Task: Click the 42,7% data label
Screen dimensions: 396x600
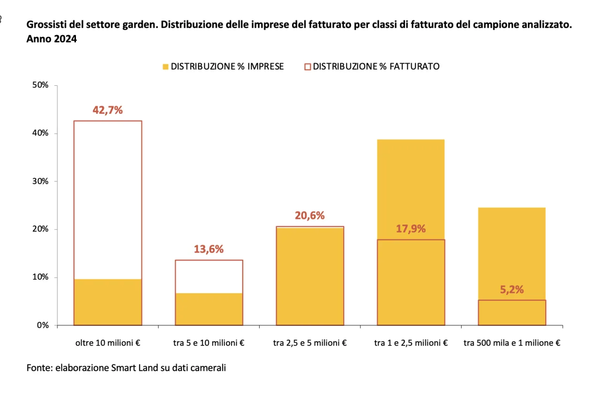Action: [108, 110]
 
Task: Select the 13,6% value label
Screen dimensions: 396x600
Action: [209, 249]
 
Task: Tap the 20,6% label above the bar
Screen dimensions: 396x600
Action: [309, 216]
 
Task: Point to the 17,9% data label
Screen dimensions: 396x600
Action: [411, 229]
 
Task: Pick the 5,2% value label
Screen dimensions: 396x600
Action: [512, 290]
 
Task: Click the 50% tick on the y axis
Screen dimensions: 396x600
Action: [40, 85]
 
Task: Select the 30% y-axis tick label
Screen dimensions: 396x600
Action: [40, 181]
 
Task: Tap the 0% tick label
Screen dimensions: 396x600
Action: [43, 325]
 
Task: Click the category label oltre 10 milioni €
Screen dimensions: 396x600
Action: [108, 343]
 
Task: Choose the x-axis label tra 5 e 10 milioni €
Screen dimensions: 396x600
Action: [209, 343]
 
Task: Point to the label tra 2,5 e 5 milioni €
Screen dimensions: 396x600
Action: [309, 343]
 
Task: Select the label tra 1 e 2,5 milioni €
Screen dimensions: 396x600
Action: [411, 343]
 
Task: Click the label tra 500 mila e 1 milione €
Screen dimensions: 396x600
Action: [512, 343]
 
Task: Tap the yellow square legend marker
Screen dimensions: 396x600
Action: [165, 67]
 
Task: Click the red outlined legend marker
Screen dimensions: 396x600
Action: [307, 67]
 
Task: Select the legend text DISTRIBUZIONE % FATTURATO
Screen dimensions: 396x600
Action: [376, 67]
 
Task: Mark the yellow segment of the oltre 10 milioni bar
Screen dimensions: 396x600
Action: [108, 302]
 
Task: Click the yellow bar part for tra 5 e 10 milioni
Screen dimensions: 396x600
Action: [209, 309]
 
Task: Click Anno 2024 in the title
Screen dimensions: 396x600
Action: [52, 39]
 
